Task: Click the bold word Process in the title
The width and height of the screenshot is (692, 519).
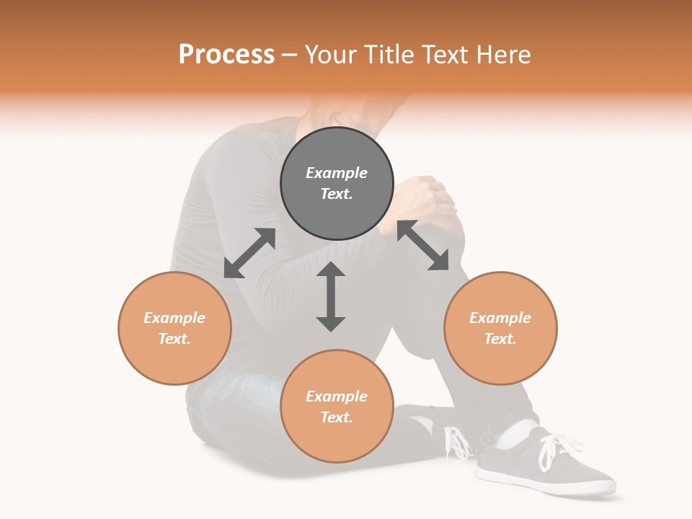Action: [x=226, y=55]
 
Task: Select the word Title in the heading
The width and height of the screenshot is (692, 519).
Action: [x=387, y=55]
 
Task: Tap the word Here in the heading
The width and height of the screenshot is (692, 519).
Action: [x=505, y=55]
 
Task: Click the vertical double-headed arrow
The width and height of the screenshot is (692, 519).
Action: [x=331, y=296]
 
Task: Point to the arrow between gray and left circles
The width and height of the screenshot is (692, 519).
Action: [x=249, y=253]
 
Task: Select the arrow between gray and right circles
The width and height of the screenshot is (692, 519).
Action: [x=423, y=246]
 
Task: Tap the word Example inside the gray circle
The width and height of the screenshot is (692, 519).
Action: [x=337, y=173]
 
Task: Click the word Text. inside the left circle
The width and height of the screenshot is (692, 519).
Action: [x=174, y=339]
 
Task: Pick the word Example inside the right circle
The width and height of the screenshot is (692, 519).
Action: [x=500, y=318]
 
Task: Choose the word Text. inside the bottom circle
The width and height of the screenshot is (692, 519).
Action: [x=337, y=417]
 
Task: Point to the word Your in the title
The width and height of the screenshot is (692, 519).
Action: [x=332, y=55]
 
